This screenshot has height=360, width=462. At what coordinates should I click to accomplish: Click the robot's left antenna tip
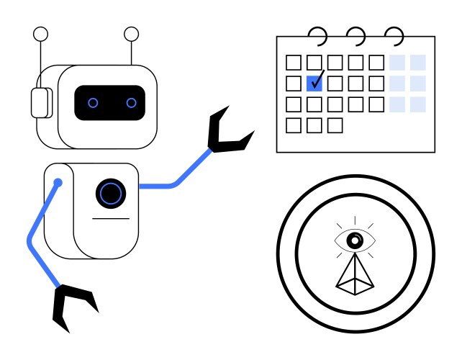[41, 33]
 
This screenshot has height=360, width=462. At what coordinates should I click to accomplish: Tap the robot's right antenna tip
[131, 33]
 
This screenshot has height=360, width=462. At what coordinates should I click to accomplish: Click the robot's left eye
[93, 103]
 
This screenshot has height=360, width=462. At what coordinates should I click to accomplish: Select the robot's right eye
[131, 103]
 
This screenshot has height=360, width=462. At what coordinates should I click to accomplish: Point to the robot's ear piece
[40, 102]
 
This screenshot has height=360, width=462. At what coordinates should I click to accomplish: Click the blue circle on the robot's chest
[110, 193]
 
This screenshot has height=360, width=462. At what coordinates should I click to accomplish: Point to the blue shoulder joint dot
[58, 183]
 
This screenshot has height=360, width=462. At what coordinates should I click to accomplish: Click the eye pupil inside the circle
[354, 240]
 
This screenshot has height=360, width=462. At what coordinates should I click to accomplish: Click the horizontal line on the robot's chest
[111, 218]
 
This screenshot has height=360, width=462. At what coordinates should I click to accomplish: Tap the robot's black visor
[112, 103]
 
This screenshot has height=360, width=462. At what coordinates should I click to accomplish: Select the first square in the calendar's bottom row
[294, 125]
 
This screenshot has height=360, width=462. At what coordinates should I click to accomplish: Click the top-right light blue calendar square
[417, 63]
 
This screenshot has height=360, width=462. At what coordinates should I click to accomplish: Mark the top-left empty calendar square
[294, 63]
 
